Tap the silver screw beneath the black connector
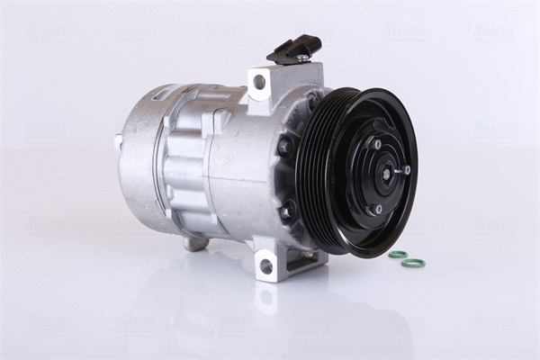(x=302, y=59)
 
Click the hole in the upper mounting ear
(x=260, y=82)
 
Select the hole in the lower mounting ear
(x=265, y=266)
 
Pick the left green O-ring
(x=398, y=255)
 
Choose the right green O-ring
(x=414, y=263)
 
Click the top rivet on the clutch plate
(x=374, y=144)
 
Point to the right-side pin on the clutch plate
(x=406, y=168)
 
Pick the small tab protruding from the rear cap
(x=118, y=140)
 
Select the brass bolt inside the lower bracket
(x=309, y=256)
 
